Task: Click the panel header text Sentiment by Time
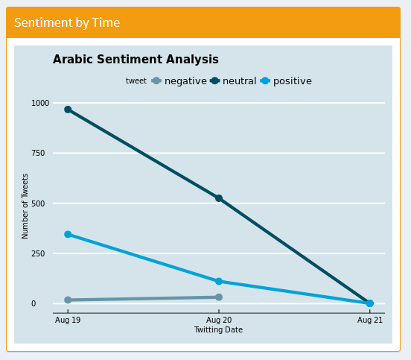pos(67,22)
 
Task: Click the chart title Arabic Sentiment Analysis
pos(136,60)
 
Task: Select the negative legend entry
pos(185,81)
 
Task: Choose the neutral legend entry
pos(239,81)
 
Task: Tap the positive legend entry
pos(292,81)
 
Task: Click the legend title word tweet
pos(136,81)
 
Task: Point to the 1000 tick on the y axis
pos(39,103)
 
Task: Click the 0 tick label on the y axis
pos(34,304)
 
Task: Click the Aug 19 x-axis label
pos(68,320)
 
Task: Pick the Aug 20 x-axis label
pos(218,320)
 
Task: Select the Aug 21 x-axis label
pos(369,320)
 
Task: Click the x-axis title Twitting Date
pos(218,329)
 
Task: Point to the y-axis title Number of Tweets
pos(25,206)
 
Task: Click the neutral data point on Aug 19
pos(68,110)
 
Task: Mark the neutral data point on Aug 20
pos(219,198)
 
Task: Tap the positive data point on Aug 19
pos(68,234)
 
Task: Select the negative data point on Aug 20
pos(219,297)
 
